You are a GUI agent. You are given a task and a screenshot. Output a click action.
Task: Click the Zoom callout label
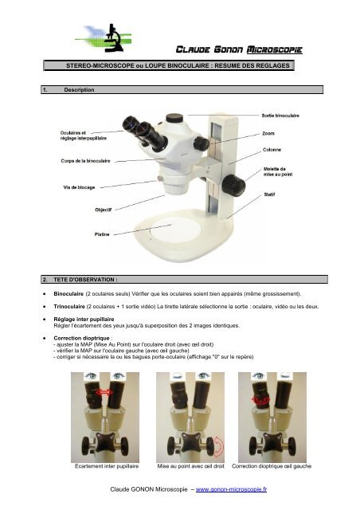[269, 133]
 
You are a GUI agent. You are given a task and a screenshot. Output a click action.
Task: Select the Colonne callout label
[272, 150]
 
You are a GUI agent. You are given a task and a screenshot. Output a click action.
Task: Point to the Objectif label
[104, 210]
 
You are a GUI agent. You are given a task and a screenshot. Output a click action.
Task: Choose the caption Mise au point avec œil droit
[190, 463]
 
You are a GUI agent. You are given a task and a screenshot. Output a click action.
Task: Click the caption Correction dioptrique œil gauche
[276, 463]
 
